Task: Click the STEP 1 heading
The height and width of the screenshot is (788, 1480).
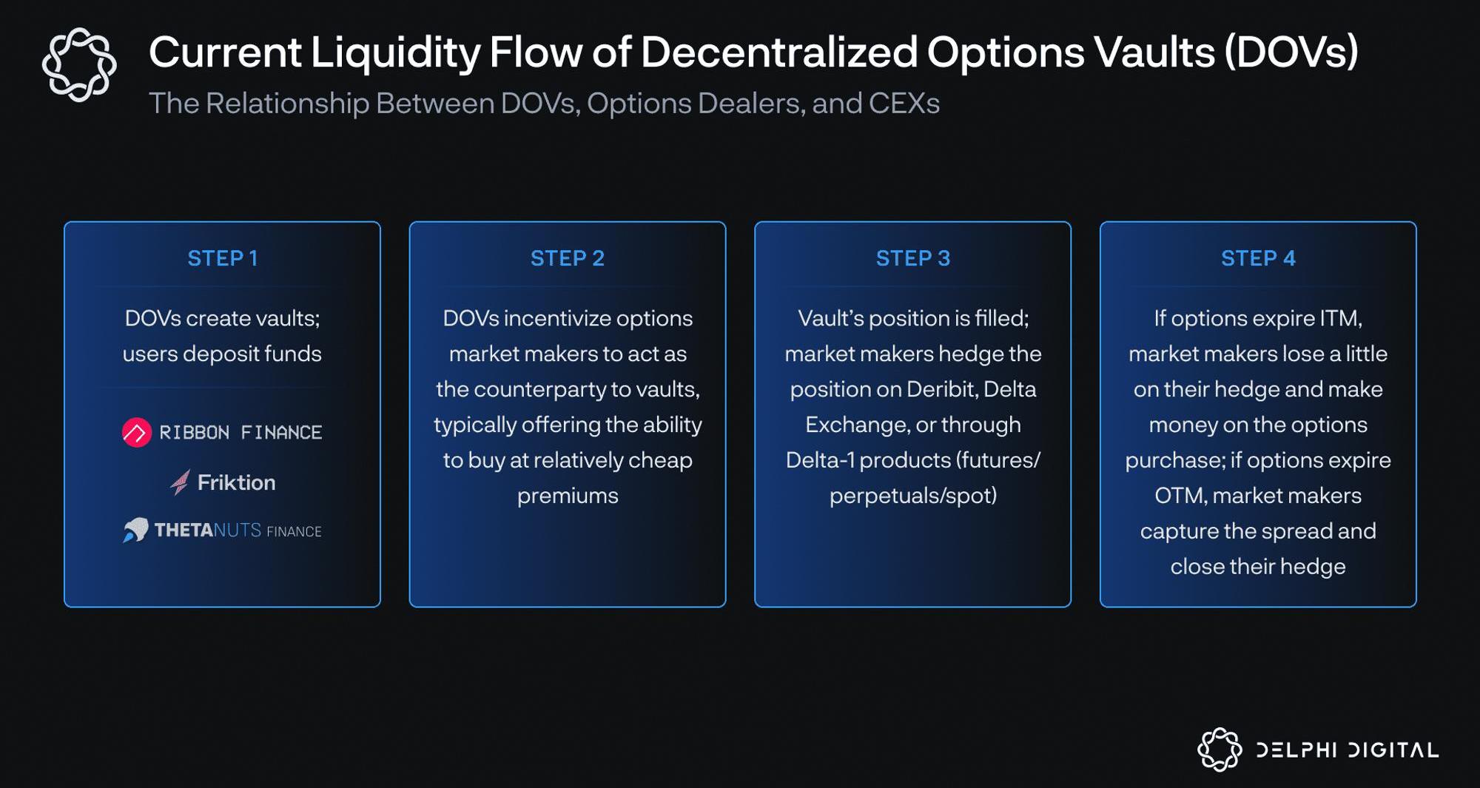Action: pyautogui.click(x=222, y=258)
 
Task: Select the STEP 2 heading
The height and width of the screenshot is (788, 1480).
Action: pyautogui.click(x=568, y=258)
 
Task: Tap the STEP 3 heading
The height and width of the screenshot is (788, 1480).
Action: pyautogui.click(x=913, y=258)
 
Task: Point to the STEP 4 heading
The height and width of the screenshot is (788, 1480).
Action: pyautogui.click(x=1258, y=258)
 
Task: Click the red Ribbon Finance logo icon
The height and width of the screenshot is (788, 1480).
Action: pyautogui.click(x=137, y=432)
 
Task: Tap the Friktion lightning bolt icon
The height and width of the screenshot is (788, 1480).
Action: pyautogui.click(x=180, y=482)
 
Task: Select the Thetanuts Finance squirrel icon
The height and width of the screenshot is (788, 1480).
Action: pyautogui.click(x=135, y=530)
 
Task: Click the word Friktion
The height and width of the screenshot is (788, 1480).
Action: pyautogui.click(x=236, y=482)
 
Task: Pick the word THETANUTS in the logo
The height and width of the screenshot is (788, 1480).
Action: pyautogui.click(x=208, y=530)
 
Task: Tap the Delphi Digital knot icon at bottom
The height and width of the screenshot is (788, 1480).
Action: pyautogui.click(x=1220, y=750)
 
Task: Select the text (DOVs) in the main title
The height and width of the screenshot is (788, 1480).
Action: pyautogui.click(x=1291, y=53)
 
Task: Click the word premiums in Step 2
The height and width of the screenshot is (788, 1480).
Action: pyautogui.click(x=568, y=496)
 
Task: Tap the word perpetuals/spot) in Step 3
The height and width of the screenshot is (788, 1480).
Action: pyautogui.click(x=913, y=496)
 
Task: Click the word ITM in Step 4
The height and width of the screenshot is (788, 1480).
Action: pyautogui.click(x=1339, y=318)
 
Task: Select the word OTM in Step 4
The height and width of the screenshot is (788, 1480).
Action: pyautogui.click(x=1180, y=496)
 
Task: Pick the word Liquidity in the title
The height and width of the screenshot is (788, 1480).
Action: pyautogui.click(x=395, y=53)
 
